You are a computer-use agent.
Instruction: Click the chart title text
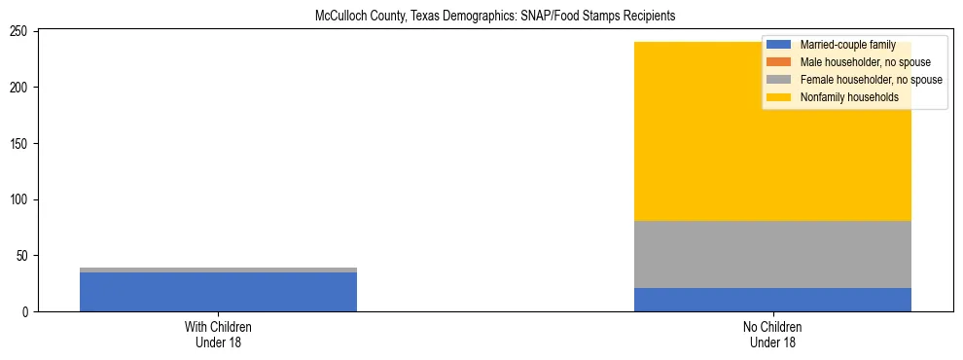coord(495,17)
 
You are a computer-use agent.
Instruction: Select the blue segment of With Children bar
coord(218,292)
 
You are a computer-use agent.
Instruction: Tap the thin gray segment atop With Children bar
coord(218,270)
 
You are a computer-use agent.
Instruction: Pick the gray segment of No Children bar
coord(772,254)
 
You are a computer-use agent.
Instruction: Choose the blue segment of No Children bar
coord(772,300)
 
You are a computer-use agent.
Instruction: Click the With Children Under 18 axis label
coord(218,335)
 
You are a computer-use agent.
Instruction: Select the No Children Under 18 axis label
coord(772,335)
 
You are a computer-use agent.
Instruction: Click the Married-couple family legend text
coord(847,45)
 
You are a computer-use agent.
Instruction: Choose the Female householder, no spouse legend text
coord(871,80)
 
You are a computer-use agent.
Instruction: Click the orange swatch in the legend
coord(779,62)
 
